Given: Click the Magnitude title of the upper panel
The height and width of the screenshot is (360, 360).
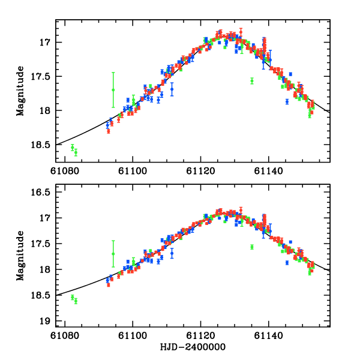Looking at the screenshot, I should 20,91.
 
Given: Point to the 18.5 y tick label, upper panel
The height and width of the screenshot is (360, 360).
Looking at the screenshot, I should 40,145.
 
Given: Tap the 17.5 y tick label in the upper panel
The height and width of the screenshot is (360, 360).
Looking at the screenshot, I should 40,76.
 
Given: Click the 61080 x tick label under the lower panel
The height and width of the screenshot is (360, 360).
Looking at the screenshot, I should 64,336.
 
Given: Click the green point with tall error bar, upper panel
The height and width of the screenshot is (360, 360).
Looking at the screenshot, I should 113,89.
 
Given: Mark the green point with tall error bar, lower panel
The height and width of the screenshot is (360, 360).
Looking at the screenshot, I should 113,254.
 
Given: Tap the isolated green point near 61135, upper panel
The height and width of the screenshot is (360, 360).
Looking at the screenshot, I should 252,80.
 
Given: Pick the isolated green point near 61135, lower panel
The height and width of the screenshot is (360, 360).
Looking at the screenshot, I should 252,247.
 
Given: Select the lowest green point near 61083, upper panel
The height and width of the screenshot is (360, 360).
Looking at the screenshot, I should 76,152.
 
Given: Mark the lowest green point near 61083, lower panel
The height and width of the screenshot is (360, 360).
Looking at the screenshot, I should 76,301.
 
